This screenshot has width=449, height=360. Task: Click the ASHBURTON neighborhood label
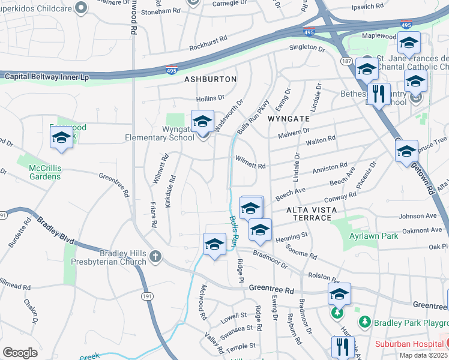[211, 79]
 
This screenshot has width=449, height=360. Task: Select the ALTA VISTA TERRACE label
[309, 213]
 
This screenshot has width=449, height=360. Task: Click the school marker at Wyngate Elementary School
[202, 122]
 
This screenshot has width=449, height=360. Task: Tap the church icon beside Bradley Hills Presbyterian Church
[155, 257]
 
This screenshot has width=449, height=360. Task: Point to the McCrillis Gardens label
[45, 173]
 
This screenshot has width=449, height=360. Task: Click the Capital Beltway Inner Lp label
[47, 77]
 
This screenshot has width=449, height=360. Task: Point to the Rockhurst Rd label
[208, 42]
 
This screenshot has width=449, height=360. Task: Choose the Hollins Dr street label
[210, 97]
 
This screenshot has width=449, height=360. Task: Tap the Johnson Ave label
[418, 215]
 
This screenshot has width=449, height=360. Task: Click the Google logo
[20, 353]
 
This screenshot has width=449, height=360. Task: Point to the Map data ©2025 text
[424, 355]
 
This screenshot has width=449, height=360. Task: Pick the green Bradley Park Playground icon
[364, 322]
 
